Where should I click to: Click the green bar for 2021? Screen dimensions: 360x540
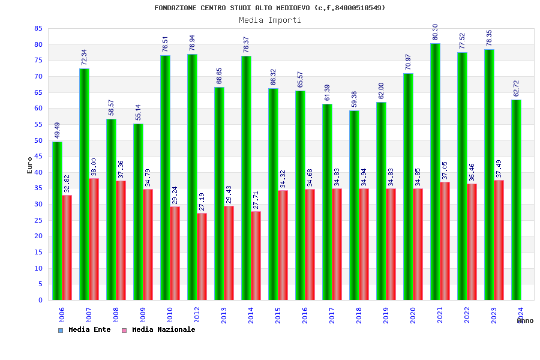point(435,172)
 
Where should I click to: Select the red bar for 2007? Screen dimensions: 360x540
point(94,239)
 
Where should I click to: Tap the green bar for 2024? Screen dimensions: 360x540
point(516,200)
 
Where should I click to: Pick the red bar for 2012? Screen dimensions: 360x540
point(202,256)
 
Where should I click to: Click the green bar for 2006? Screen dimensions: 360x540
point(57,221)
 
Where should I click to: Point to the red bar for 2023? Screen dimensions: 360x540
point(499,240)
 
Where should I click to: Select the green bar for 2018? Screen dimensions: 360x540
point(354,205)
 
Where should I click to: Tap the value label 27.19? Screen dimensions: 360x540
point(202,201)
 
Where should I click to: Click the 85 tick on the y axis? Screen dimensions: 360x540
point(37,28)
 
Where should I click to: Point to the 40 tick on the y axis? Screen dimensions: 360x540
point(37,172)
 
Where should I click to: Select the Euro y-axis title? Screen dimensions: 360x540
point(30,165)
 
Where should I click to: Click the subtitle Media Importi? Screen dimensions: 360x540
point(270,20)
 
